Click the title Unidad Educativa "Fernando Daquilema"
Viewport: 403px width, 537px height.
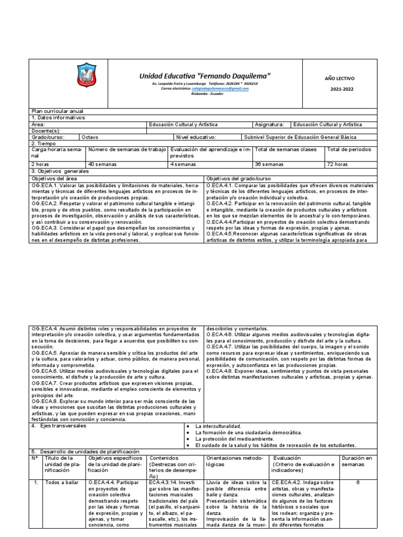[x=205, y=76]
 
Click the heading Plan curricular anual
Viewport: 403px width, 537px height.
[x=57, y=112]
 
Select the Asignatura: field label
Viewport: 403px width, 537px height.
[x=269, y=125]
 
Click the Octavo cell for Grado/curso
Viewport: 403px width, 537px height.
[x=90, y=137]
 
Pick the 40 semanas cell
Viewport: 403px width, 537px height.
[x=103, y=164]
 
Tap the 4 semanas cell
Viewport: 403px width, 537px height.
[x=183, y=164]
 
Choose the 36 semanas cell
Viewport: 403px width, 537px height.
[x=269, y=164]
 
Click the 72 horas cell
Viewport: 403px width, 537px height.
[x=337, y=164]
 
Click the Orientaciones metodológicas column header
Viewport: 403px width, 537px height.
[x=234, y=461]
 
